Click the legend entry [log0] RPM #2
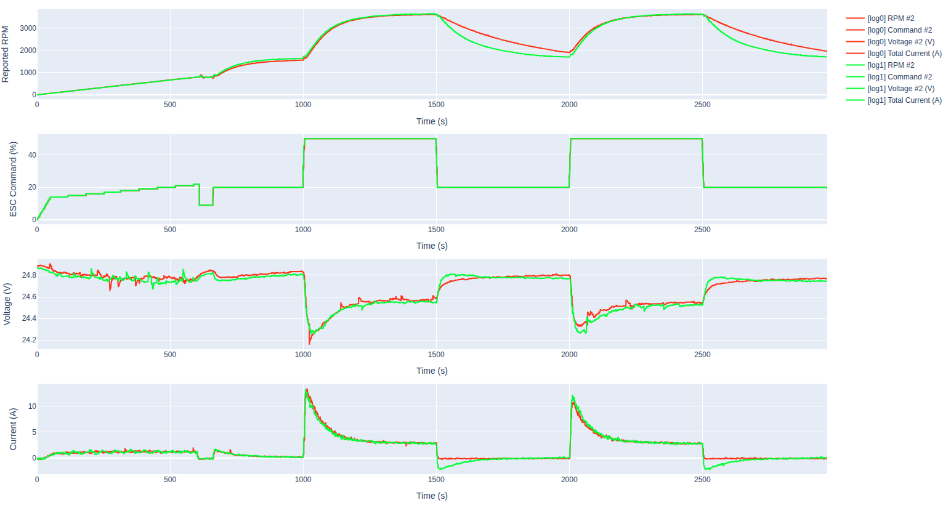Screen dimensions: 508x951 tap(891, 18)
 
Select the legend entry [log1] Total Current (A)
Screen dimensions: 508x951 tap(904, 100)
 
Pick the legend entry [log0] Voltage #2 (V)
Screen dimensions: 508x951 tap(900, 42)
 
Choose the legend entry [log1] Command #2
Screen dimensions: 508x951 tap(899, 77)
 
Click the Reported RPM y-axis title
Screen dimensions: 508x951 tap(6, 54)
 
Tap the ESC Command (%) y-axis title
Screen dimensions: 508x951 tap(13, 179)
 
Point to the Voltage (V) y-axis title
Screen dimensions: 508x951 tap(7, 304)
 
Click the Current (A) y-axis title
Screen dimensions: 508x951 tap(13, 429)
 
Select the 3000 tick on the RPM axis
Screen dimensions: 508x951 tap(28, 28)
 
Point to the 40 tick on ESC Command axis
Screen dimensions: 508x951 tap(32, 155)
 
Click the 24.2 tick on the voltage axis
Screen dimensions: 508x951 tap(29, 340)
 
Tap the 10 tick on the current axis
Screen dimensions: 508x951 tap(32, 406)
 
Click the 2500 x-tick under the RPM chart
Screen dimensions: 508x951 tap(702, 105)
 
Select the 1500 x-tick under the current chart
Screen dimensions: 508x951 tap(436, 479)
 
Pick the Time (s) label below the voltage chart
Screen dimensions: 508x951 tap(432, 371)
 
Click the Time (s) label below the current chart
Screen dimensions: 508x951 tap(432, 496)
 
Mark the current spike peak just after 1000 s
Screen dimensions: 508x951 tap(306, 390)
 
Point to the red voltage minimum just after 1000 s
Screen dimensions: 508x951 tap(309, 343)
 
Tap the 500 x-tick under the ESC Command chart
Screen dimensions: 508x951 tap(170, 230)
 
